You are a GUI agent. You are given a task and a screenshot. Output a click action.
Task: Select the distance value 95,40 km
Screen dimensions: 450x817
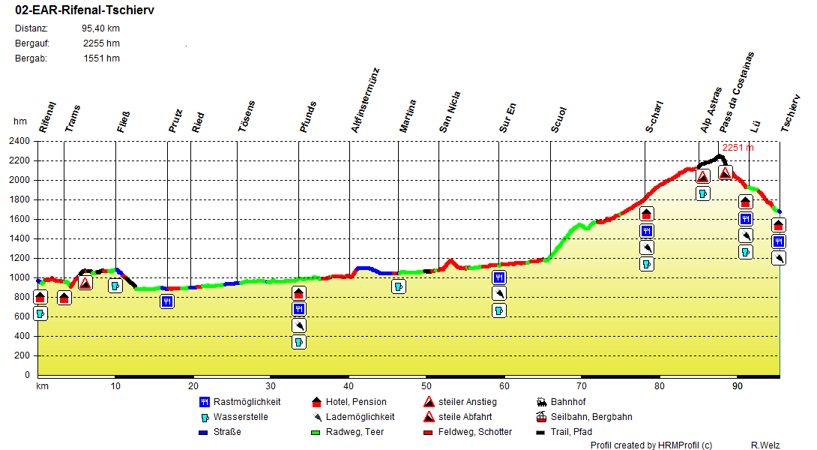click(100, 28)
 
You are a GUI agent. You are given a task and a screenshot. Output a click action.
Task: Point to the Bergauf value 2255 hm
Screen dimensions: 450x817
click(101, 43)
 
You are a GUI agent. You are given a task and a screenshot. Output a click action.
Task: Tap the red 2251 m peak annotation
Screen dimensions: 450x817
click(738, 148)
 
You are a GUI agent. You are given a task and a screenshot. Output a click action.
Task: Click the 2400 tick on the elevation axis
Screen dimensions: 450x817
click(19, 141)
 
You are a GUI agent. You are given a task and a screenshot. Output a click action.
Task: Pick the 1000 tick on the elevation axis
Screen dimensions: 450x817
click(19, 277)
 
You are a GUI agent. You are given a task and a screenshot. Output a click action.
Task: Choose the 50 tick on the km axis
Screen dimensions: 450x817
click(426, 386)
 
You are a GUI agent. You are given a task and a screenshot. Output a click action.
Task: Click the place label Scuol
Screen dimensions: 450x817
click(559, 120)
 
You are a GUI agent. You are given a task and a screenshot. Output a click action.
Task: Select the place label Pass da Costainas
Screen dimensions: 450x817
click(736, 93)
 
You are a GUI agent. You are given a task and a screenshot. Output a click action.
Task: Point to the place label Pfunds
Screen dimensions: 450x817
click(308, 117)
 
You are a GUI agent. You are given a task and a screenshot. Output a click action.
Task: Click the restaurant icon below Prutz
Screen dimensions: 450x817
click(167, 301)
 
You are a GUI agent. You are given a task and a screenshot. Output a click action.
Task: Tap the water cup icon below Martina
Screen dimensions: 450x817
click(399, 286)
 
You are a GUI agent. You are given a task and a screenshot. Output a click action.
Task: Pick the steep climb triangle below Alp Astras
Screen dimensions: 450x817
click(702, 177)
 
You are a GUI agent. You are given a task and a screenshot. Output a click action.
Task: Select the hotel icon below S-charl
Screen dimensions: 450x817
click(647, 214)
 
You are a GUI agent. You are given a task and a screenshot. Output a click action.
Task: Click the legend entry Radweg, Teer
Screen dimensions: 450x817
click(356, 432)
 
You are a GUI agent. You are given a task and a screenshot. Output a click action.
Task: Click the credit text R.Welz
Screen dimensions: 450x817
click(765, 445)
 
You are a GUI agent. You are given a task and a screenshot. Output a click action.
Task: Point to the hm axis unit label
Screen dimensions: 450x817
click(19, 121)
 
